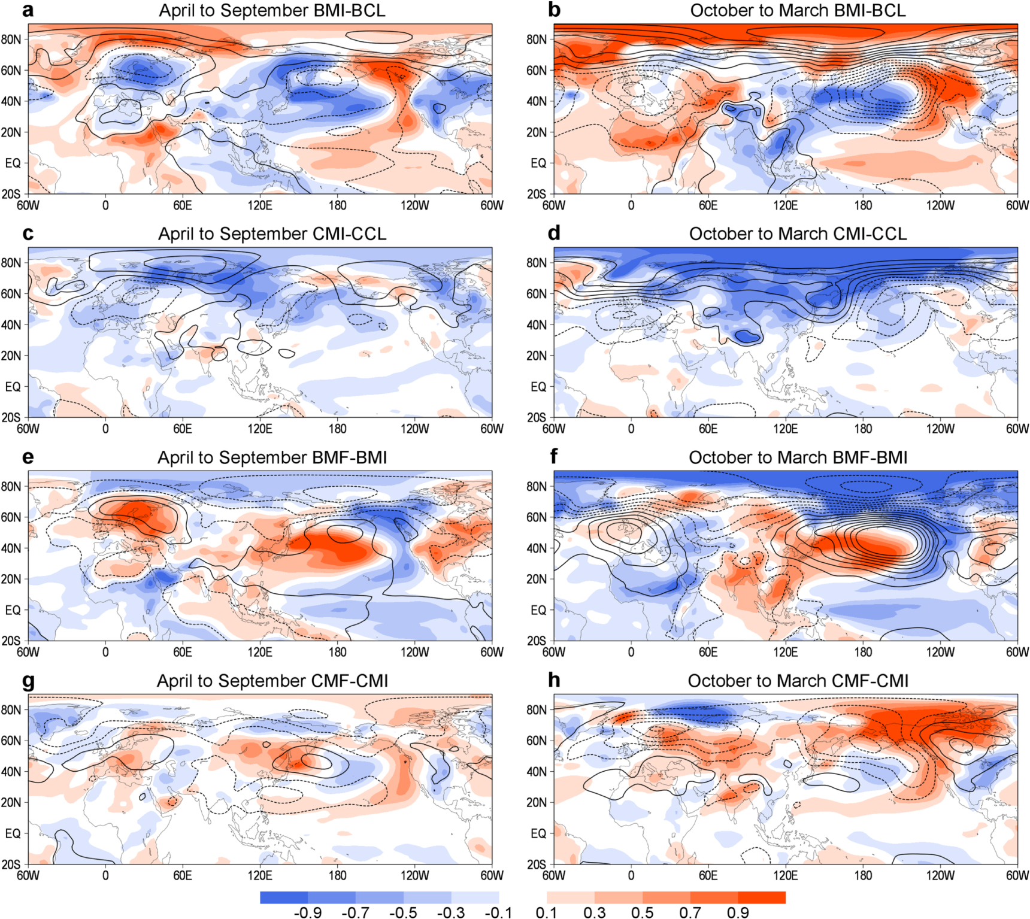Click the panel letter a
coord(28,11)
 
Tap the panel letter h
coord(554,680)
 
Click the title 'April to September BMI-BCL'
coord(272,11)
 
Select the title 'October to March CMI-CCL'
coord(798,234)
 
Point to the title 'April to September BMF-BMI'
coord(272,457)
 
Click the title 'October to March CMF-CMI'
coord(798,681)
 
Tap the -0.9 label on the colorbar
coord(308,912)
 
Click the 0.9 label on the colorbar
coord(738,912)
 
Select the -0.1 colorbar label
coord(498,912)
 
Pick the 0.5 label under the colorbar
coord(642,912)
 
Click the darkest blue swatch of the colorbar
coord(284,897)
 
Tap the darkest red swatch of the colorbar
coord(761,897)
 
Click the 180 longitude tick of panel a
coord(337,205)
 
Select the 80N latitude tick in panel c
coord(11,263)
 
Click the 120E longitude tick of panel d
coord(785,429)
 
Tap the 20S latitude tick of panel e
coord(11,641)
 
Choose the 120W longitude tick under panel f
coord(940,652)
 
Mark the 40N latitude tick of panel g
coord(11,771)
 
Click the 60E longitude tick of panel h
coord(708,875)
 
